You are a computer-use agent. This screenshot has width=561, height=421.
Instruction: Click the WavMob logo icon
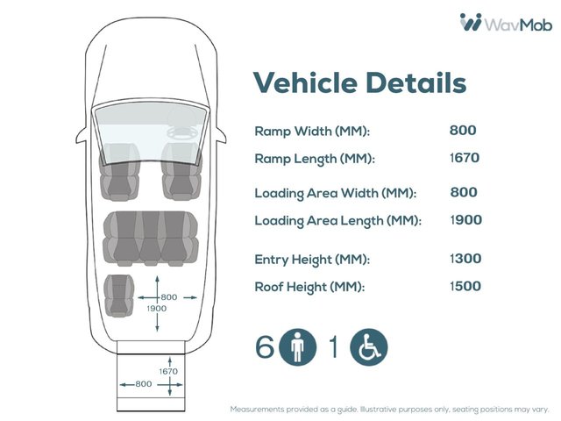click(471, 22)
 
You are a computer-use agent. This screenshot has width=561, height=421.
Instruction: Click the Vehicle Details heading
click(359, 83)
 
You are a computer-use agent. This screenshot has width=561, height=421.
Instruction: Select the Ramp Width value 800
click(463, 131)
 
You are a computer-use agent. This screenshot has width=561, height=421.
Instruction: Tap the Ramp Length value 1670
click(465, 159)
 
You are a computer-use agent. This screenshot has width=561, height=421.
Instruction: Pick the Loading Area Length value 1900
click(465, 220)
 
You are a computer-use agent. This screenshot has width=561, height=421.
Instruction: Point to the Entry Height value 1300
click(465, 259)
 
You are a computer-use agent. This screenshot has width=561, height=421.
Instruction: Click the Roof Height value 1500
click(465, 286)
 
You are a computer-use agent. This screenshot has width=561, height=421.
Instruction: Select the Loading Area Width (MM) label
click(335, 193)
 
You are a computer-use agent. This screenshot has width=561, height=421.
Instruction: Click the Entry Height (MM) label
click(312, 260)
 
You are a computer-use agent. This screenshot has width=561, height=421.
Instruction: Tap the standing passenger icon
click(298, 348)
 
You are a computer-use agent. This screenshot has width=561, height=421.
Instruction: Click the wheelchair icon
click(369, 348)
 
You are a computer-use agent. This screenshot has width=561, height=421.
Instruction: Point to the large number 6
click(265, 348)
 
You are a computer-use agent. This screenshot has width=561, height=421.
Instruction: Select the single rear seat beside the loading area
click(118, 295)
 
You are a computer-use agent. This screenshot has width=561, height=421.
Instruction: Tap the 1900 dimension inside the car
click(156, 309)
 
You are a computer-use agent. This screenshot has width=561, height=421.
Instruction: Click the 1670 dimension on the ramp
click(167, 372)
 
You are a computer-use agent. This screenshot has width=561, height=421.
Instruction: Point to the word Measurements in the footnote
click(255, 410)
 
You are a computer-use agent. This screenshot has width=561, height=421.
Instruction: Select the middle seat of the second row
click(152, 237)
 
